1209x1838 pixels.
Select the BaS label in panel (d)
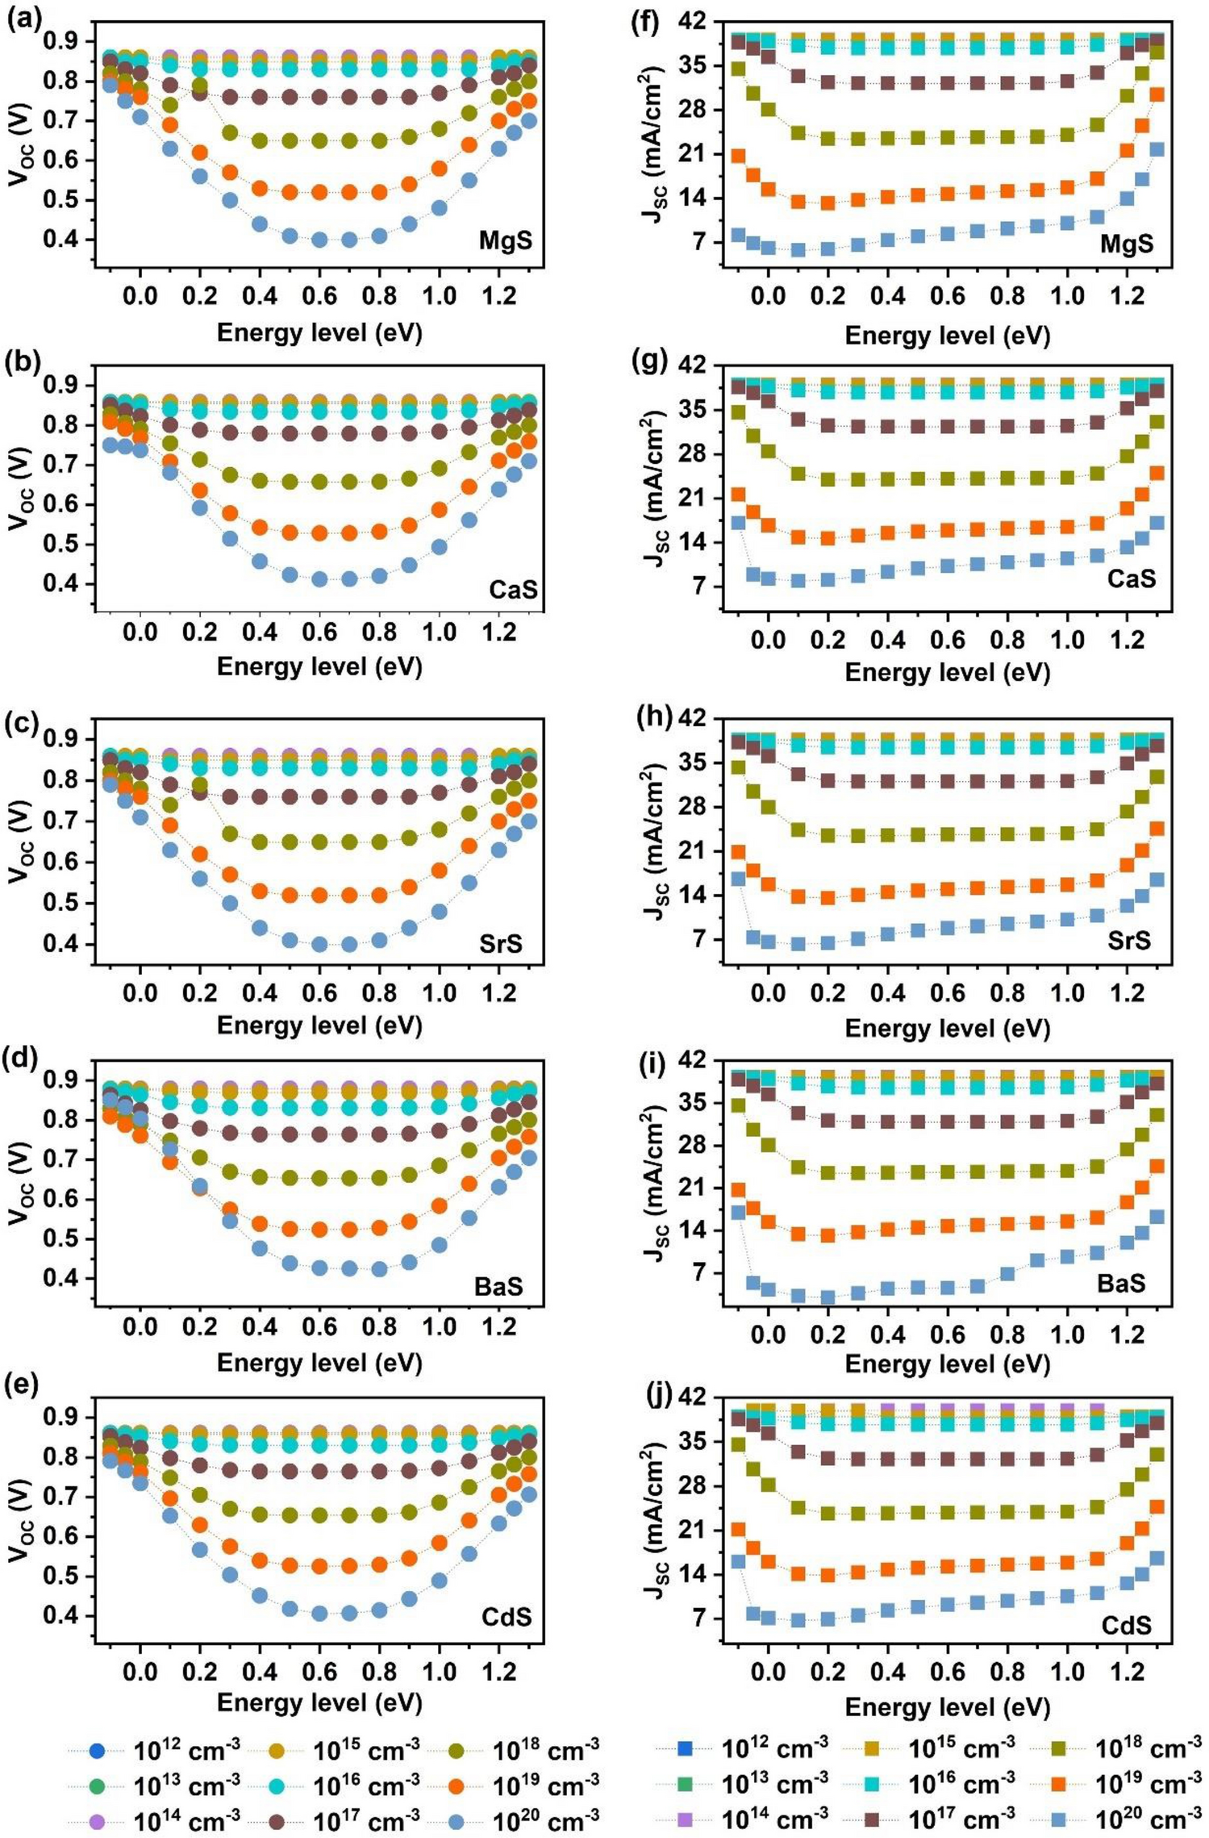498,1285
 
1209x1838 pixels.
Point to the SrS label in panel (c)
500,942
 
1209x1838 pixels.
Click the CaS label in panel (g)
1131,578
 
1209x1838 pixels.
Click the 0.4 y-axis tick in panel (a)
66,240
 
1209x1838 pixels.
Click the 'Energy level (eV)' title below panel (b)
319,666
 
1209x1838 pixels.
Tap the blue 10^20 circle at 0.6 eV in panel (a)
319,240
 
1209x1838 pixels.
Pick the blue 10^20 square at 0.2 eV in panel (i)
828,1297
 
